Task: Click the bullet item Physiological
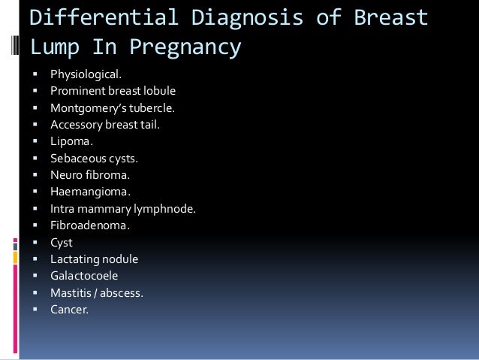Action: [84, 75]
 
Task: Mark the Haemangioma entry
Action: [84, 192]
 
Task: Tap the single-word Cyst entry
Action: [62, 242]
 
